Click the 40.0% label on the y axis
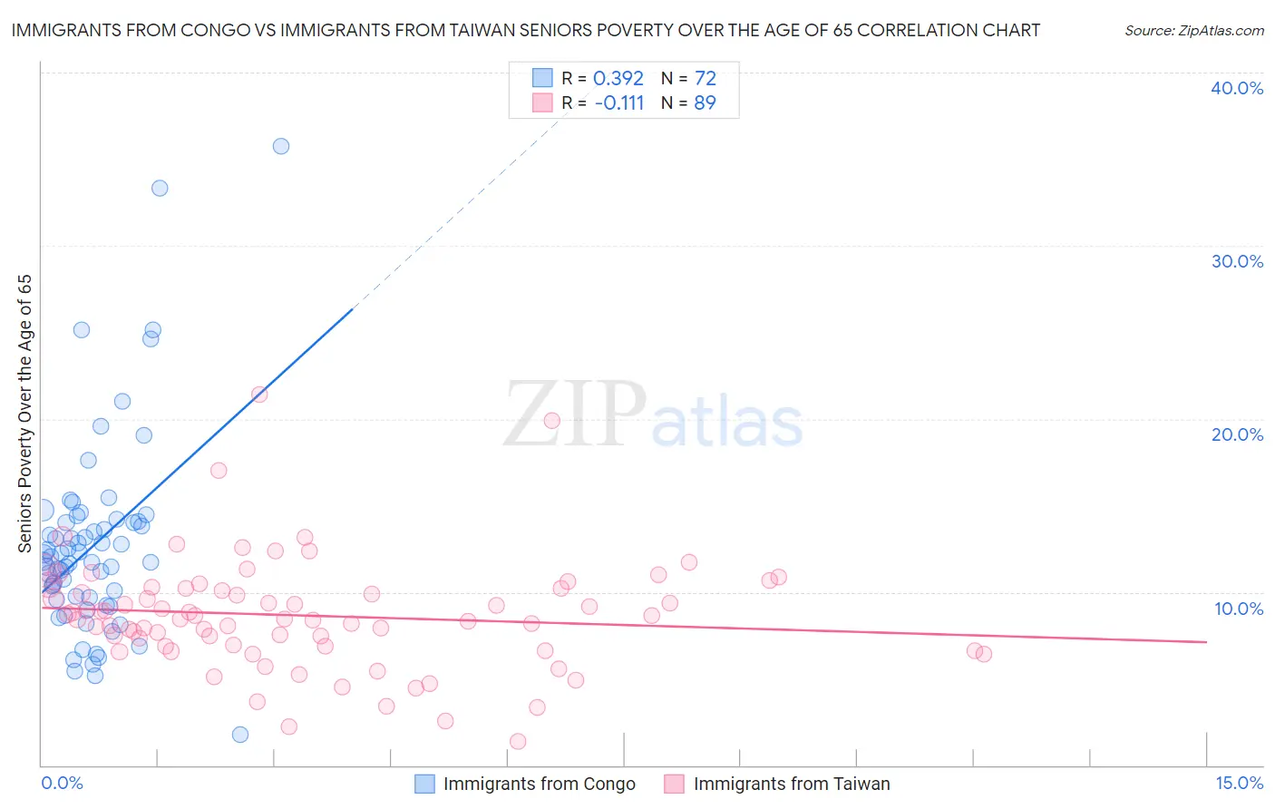(1237, 88)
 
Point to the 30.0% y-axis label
(1237, 261)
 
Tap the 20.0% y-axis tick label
(1237, 434)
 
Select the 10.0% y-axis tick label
(1239, 609)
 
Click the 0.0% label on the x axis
(62, 783)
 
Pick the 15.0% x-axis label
(1239, 783)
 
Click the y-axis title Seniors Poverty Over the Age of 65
(24, 414)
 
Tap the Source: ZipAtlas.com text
(1194, 30)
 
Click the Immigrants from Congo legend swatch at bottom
(424, 784)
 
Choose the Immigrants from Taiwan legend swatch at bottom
(674, 784)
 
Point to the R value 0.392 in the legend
(618, 78)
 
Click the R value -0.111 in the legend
(619, 102)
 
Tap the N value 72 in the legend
(705, 78)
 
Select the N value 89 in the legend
(705, 102)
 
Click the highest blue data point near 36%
(281, 146)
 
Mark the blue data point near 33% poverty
(160, 189)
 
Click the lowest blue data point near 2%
(240, 735)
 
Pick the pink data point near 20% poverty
(552, 421)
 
